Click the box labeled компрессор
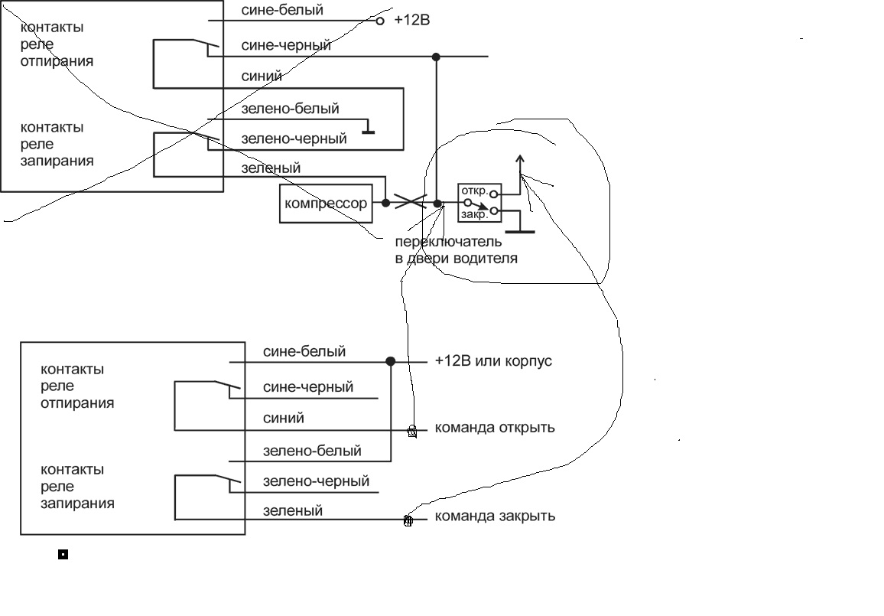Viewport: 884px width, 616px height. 326,204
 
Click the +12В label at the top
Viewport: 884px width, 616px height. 411,21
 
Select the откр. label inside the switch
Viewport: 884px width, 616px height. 474,191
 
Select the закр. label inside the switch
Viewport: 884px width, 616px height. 474,215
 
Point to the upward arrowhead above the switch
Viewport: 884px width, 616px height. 520,160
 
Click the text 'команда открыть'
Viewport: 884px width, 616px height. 494,427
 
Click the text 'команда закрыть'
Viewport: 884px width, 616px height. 494,516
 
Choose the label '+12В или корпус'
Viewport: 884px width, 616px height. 492,361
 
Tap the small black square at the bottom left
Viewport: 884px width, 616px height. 63,555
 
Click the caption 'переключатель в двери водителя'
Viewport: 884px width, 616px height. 456,251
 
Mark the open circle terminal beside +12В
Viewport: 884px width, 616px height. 380,21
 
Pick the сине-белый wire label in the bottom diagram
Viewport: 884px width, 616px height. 304,352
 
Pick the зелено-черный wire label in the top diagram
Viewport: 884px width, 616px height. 294,139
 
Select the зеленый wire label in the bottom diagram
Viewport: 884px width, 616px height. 292,510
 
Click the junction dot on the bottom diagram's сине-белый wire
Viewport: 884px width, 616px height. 391,361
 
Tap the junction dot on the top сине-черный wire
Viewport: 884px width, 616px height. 436,57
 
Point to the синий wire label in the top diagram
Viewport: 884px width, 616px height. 262,77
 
